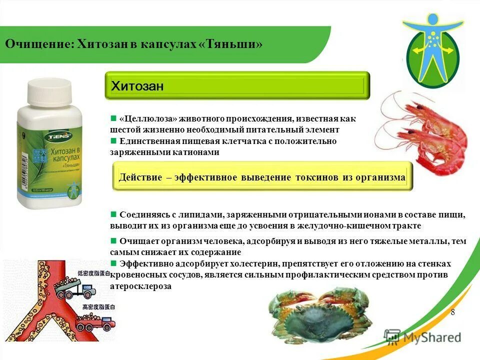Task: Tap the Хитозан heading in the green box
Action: pyautogui.click(x=137, y=86)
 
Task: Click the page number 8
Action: pyautogui.click(x=453, y=312)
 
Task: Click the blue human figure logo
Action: pyautogui.click(x=433, y=50)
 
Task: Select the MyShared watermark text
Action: pyautogui.click(x=430, y=337)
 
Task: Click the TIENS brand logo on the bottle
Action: pyautogui.click(x=43, y=135)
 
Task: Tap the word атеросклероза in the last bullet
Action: pyautogui.click(x=140, y=286)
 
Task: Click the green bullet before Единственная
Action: pyautogui.click(x=113, y=141)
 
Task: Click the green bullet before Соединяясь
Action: pyautogui.click(x=113, y=214)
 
